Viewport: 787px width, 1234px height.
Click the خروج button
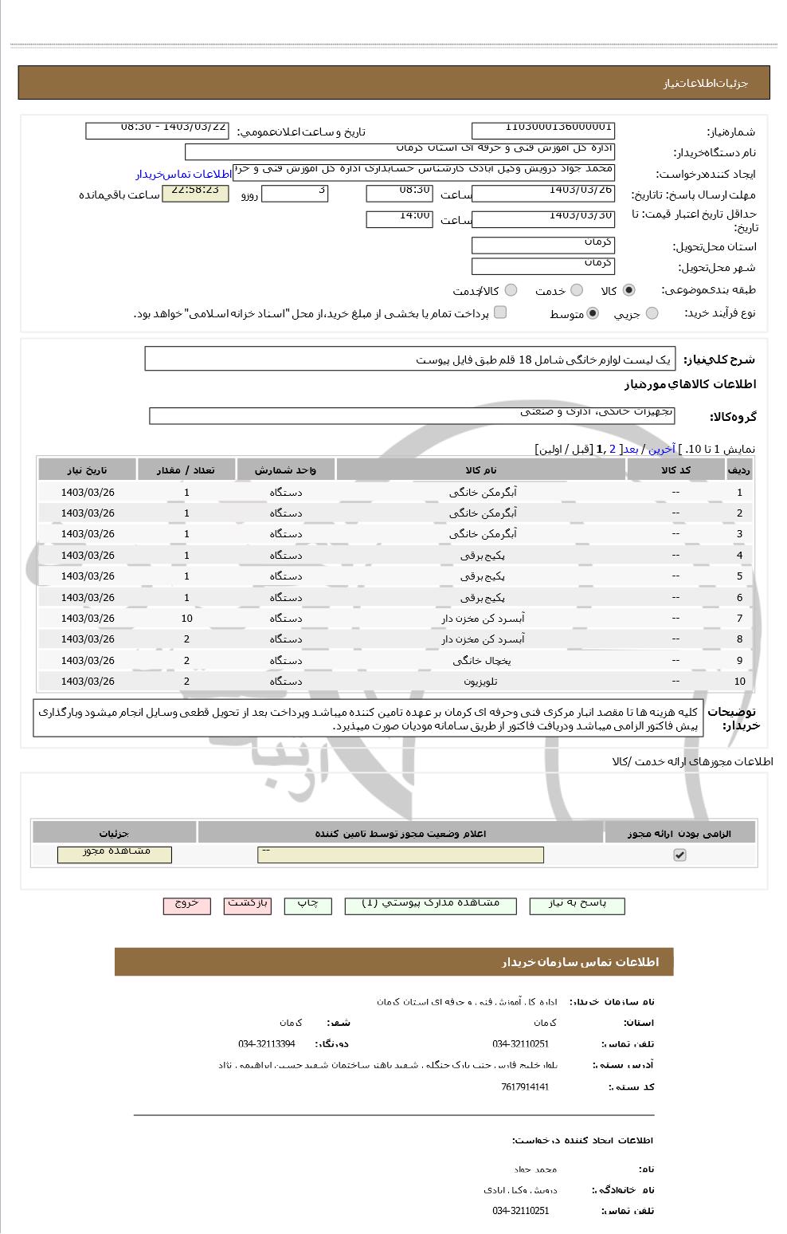pos(186,906)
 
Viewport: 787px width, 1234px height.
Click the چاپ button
pos(307,906)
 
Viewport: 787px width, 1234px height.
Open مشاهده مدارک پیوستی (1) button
pos(430,906)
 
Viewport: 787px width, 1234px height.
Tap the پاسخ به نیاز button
pos(577,906)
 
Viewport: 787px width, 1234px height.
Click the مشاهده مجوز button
pos(115,854)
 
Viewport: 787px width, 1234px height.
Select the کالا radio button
pos(629,291)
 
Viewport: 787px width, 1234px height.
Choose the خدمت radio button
pos(577,291)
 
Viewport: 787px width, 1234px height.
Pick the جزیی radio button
pos(652,314)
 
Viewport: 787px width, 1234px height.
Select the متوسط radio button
pos(593,314)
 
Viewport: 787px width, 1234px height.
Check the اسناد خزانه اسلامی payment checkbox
pos(500,312)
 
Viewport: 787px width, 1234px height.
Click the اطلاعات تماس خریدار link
pos(183,174)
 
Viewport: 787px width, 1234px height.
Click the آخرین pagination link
pos(661,450)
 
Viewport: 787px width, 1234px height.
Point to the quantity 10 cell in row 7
pos(186,619)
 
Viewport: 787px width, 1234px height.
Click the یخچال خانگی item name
pos(480,661)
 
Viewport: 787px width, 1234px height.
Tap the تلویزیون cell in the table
pos(480,682)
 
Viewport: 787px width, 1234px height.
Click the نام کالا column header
pos(480,470)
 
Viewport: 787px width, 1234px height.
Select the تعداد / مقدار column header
pos(186,470)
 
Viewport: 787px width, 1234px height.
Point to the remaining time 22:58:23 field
pos(195,194)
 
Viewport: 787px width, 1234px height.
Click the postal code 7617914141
pos(525,1087)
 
